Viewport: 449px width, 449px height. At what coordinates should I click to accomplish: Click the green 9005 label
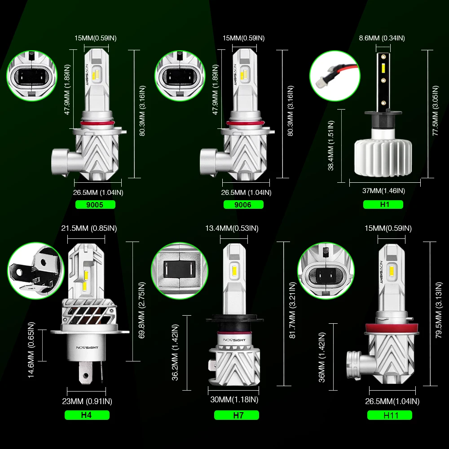(96, 205)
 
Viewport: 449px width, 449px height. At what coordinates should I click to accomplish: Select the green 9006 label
(243, 205)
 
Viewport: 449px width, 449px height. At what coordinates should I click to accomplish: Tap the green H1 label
(383, 205)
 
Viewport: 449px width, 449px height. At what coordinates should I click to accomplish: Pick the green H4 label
(87, 415)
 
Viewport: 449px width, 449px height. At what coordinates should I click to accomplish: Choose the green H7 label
(238, 415)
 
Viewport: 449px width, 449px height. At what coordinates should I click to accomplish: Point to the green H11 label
(390, 415)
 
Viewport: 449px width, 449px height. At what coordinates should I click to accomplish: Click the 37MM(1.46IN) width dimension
(384, 191)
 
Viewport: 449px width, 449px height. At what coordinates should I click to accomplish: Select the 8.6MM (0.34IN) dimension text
(382, 38)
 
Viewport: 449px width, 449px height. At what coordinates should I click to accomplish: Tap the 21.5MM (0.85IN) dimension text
(89, 228)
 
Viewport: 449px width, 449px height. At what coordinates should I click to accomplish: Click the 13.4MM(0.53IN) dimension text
(232, 228)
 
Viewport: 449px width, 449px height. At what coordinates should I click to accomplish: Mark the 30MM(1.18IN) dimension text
(234, 399)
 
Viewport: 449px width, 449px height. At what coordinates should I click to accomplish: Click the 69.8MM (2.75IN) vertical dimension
(142, 310)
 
